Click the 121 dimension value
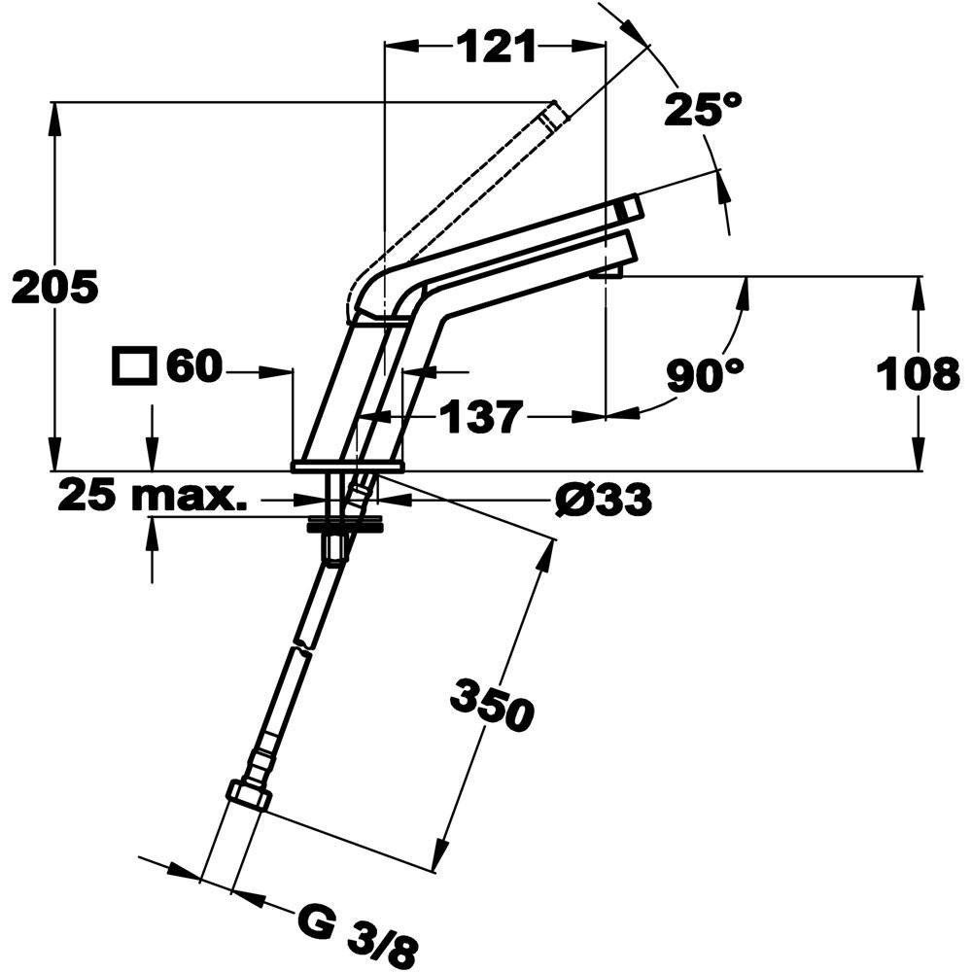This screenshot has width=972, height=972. (x=497, y=46)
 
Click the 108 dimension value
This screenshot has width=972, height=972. (x=918, y=373)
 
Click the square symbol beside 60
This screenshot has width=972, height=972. (x=134, y=367)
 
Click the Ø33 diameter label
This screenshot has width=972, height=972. (x=603, y=501)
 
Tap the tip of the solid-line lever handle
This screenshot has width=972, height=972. (x=631, y=207)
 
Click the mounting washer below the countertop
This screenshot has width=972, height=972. (x=347, y=526)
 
